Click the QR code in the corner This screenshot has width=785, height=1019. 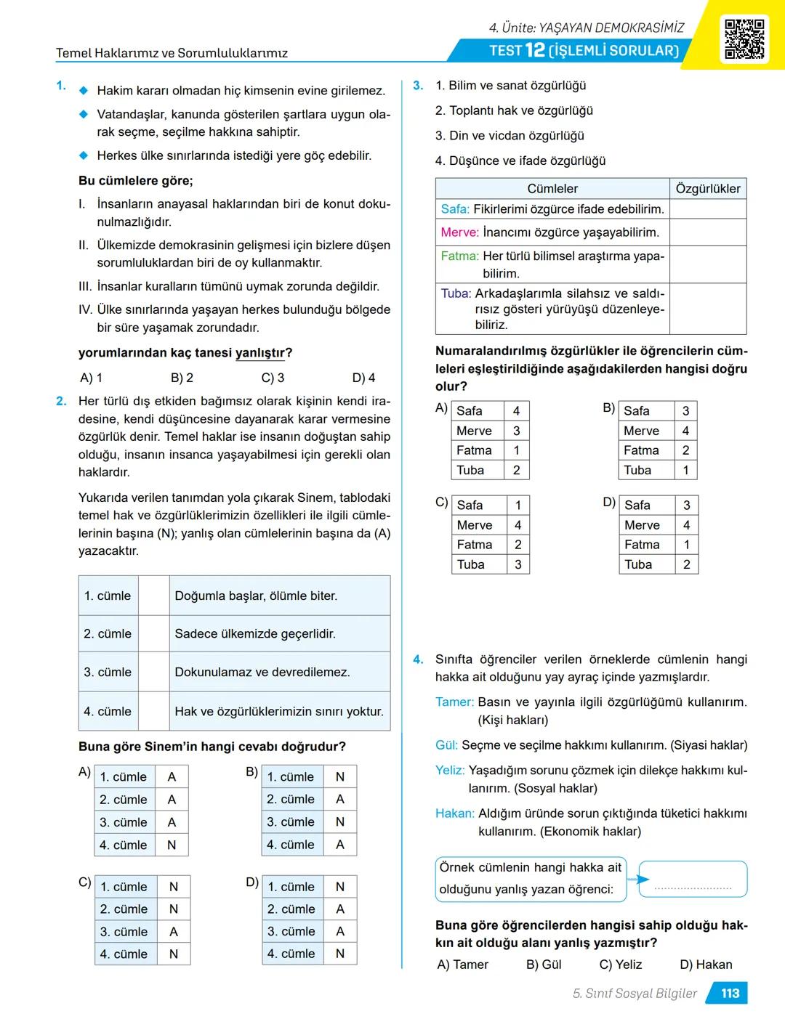(x=744, y=39)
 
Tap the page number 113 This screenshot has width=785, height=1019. (x=730, y=994)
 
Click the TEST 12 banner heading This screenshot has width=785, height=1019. (x=584, y=50)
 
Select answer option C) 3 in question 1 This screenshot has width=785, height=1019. (x=273, y=378)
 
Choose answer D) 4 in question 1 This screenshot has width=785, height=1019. (x=363, y=378)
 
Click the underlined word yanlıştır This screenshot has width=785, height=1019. (x=259, y=354)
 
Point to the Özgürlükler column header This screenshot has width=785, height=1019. (x=707, y=189)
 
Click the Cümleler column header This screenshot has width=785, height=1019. (x=552, y=189)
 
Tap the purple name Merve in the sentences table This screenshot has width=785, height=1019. (x=459, y=232)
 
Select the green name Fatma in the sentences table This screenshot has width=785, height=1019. (x=459, y=256)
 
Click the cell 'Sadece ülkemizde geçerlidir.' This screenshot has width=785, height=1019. (x=255, y=634)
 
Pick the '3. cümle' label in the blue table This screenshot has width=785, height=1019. (x=108, y=673)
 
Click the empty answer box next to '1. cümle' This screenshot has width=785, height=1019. (x=153, y=596)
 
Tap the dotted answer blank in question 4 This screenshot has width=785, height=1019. (x=693, y=888)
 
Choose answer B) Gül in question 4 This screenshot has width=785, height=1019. (x=544, y=965)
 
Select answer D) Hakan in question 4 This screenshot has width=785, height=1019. (x=706, y=965)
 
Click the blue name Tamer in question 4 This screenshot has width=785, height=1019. (x=454, y=702)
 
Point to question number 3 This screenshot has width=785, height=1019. (x=418, y=86)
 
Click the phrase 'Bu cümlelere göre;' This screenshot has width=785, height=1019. (x=136, y=181)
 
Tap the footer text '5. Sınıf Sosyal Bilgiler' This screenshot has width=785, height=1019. (x=635, y=994)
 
